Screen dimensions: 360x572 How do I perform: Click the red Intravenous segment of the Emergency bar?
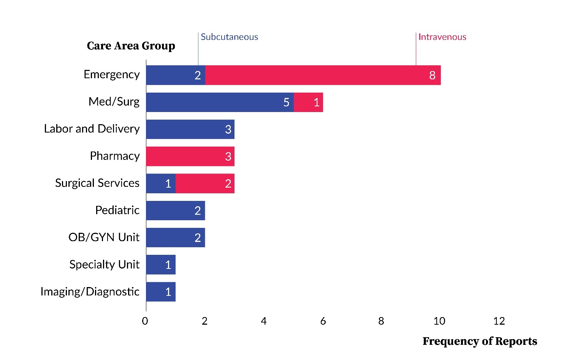pyautogui.click(x=323, y=75)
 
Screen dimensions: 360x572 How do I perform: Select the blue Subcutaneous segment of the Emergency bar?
pyautogui.click(x=176, y=75)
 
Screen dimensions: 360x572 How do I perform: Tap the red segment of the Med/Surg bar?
pyautogui.click(x=308, y=102)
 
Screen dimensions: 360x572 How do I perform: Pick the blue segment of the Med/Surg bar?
pyautogui.click(x=220, y=102)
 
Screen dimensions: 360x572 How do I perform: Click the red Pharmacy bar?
pyautogui.click(x=190, y=156)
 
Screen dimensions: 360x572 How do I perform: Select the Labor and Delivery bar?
pyautogui.click(x=190, y=129)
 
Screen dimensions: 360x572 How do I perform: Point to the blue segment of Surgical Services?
pyautogui.click(x=161, y=183)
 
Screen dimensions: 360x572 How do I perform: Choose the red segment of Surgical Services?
pyautogui.click(x=205, y=183)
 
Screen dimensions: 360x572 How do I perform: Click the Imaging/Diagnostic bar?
pyautogui.click(x=161, y=292)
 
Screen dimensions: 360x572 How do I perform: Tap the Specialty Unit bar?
pyautogui.click(x=161, y=265)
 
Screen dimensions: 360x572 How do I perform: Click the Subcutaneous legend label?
pyautogui.click(x=229, y=37)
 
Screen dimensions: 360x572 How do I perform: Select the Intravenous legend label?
pyautogui.click(x=442, y=37)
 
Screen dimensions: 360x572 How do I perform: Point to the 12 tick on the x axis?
pyautogui.click(x=499, y=321)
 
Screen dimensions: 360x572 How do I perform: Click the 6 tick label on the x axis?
pyautogui.click(x=323, y=321)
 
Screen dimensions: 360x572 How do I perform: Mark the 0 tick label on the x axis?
pyautogui.click(x=145, y=321)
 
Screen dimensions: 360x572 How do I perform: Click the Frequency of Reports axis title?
pyautogui.click(x=480, y=341)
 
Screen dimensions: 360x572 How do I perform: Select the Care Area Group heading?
pyautogui.click(x=131, y=46)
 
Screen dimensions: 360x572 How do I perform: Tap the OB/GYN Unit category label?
pyautogui.click(x=104, y=237)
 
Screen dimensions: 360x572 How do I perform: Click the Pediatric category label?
pyautogui.click(x=117, y=210)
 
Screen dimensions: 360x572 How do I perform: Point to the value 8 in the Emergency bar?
pyautogui.click(x=432, y=76)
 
